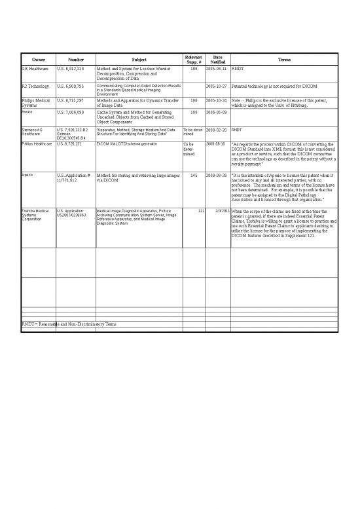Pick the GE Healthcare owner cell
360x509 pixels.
coord(34,68)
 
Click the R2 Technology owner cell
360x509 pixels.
coord(35,86)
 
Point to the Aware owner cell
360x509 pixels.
coord(28,112)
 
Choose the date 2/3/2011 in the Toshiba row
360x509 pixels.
coord(219,211)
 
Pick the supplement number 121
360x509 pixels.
coord(202,211)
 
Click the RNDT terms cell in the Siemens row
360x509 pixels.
coord(236,130)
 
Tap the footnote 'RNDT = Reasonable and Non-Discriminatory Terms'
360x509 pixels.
coord(69,324)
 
